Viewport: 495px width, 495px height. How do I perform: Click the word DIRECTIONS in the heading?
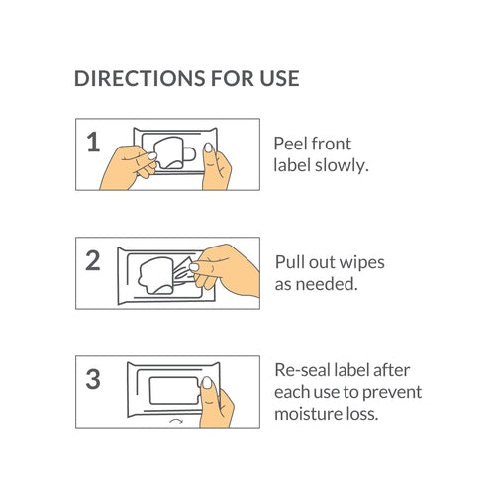[x=140, y=78]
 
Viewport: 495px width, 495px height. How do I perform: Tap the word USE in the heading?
[x=279, y=78]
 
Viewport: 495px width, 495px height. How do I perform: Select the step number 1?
[x=93, y=143]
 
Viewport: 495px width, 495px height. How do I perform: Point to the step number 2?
[x=93, y=260]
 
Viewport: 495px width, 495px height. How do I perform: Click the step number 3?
[x=93, y=379]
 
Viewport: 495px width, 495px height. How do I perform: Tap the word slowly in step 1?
[x=342, y=165]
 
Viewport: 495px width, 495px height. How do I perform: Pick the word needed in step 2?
[x=327, y=284]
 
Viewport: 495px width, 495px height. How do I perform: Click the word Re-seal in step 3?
[x=303, y=370]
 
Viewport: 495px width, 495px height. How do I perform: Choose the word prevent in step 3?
[x=392, y=393]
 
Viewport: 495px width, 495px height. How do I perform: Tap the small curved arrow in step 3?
[x=176, y=421]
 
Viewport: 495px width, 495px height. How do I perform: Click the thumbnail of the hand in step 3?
[x=207, y=383]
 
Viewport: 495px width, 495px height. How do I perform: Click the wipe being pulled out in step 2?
[x=182, y=272]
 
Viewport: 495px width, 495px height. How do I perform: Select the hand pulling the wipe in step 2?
[x=225, y=269]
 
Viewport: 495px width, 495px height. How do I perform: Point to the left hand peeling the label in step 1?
[x=129, y=167]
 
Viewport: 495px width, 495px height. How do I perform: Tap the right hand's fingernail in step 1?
[x=208, y=148]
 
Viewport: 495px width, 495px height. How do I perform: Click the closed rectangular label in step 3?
[x=174, y=390]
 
